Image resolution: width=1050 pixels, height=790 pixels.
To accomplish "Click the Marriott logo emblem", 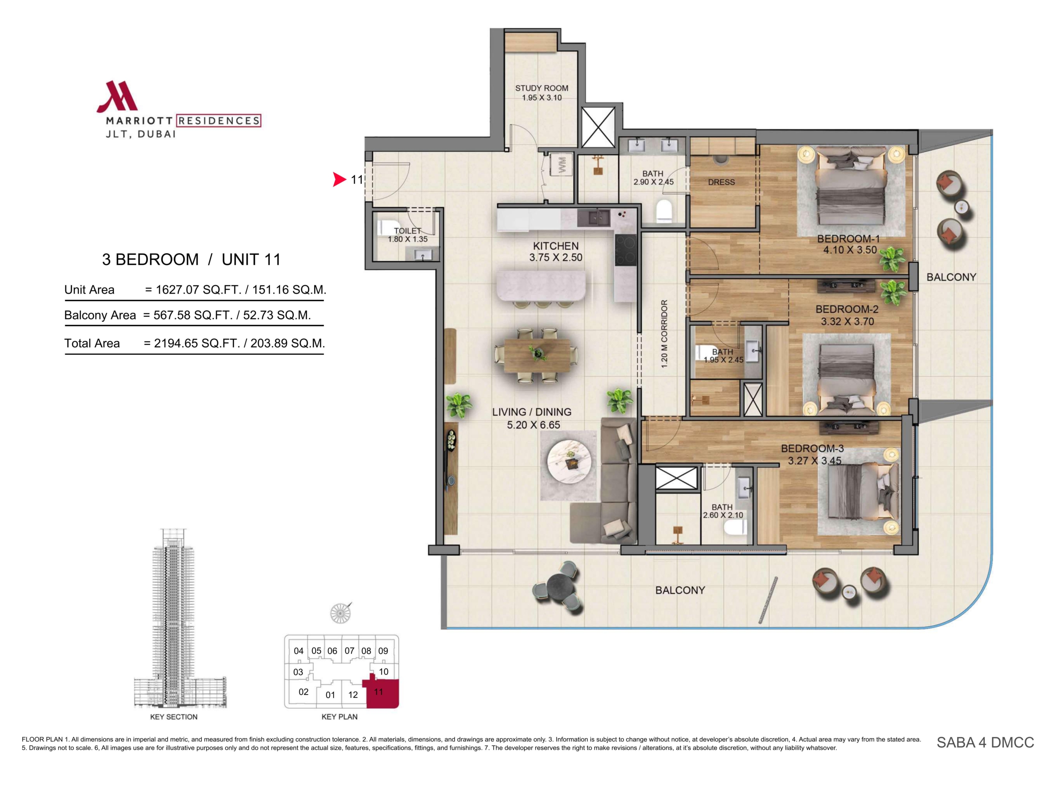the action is [x=117, y=97].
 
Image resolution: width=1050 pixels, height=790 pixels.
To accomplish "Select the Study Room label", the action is [x=542, y=88].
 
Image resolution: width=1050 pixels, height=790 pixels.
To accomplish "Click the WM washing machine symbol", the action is [x=562, y=165].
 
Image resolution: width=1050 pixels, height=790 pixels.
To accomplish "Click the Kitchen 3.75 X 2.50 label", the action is [x=556, y=251].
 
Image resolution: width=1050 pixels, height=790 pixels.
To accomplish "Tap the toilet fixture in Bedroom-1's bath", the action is [x=665, y=211].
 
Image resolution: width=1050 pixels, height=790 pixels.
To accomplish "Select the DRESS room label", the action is [x=721, y=182].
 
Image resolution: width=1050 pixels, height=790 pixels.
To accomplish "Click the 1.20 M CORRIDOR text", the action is [x=664, y=333].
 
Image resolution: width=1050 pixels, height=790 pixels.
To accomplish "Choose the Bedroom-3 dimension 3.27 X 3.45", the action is [x=815, y=461].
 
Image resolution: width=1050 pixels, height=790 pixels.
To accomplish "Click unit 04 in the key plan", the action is [x=298, y=651].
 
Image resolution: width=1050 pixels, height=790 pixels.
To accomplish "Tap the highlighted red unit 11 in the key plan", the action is [x=383, y=694].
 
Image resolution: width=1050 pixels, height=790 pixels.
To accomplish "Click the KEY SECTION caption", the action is [x=174, y=717].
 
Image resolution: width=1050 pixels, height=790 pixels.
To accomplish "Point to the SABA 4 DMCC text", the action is [x=985, y=742].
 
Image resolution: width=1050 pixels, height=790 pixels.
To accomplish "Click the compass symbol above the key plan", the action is [x=340, y=613].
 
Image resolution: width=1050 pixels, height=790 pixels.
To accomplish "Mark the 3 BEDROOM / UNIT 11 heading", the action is [x=191, y=260].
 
